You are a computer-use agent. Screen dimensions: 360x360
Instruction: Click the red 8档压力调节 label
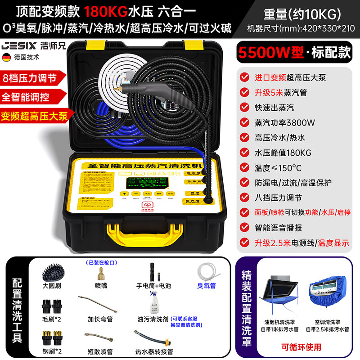30,77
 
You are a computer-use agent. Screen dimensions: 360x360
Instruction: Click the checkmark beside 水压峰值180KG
244,152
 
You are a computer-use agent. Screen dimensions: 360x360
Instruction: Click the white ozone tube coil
207,272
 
